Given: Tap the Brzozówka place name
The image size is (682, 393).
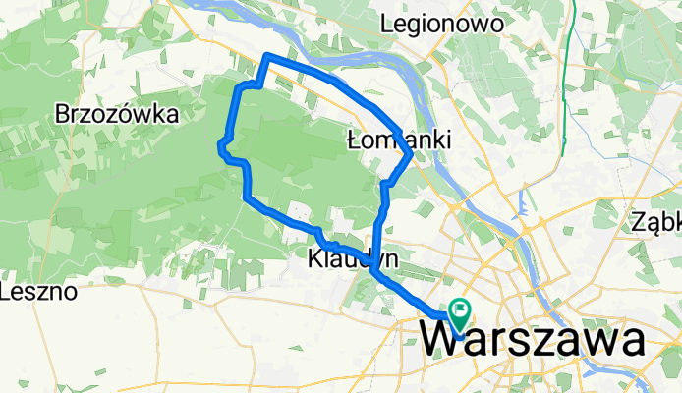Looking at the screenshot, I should click(117, 114).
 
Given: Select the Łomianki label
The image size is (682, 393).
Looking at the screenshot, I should click(400, 141).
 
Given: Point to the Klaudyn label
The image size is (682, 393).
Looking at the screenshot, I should click(352, 260).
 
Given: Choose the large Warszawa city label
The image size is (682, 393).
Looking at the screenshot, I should click(536, 342).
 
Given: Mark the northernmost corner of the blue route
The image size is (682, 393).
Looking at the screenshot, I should click(268, 56).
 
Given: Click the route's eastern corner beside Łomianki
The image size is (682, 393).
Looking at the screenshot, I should click(409, 153).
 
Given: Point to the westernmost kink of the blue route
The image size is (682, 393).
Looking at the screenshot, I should click(219, 146).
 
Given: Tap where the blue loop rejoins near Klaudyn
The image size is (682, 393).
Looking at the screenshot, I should click(374, 273).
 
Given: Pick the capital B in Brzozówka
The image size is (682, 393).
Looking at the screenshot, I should click(63, 114).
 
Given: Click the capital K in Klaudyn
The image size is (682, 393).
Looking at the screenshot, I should click(314, 260).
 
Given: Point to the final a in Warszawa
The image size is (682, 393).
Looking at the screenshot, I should click(631, 343).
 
